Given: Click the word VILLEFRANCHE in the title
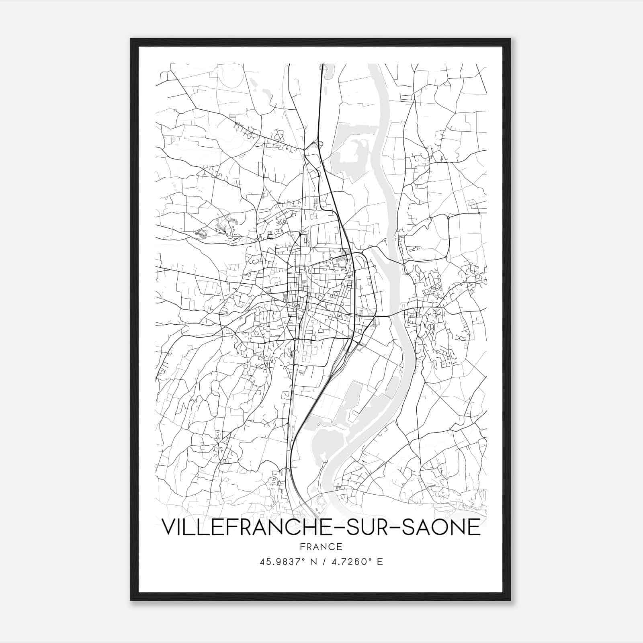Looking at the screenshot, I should tap(246, 527).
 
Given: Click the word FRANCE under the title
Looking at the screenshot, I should tap(321, 547).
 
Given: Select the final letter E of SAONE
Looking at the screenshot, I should tap(475, 527).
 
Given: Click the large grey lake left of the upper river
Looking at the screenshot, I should tap(354, 153).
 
